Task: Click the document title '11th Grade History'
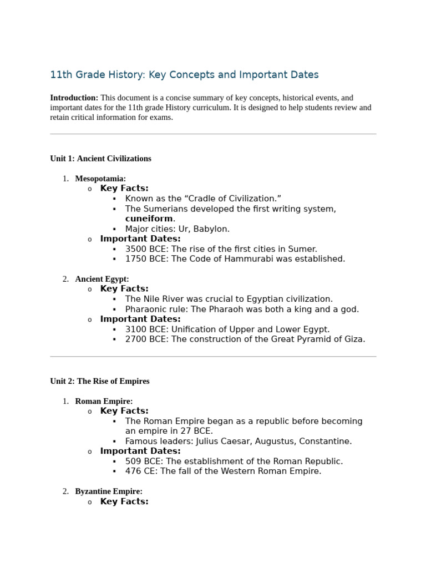(184, 74)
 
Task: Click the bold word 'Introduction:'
(74, 98)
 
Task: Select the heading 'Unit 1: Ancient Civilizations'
(100, 159)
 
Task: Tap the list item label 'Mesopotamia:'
(100, 179)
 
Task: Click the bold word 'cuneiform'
(149, 219)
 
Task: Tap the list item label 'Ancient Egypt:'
(102, 279)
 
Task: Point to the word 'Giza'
(353, 339)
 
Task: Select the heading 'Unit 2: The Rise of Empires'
(100, 382)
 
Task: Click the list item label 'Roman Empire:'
(104, 401)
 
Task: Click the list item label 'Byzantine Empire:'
(109, 491)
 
